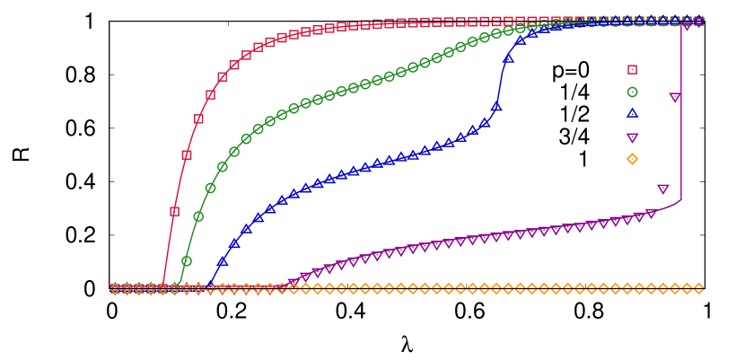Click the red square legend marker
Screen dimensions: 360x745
coord(632,69)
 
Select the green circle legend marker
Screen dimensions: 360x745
coord(632,92)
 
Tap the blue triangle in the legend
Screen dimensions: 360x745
coord(632,113)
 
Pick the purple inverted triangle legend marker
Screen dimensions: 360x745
coord(632,137)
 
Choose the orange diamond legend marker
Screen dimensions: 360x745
coord(632,159)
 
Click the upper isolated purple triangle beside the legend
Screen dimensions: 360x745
coord(675,97)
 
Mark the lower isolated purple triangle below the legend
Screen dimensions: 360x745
coord(662,189)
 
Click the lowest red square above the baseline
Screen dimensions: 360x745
coord(174,212)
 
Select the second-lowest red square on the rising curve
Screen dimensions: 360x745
coord(187,155)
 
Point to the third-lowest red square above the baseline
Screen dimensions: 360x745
coord(198,119)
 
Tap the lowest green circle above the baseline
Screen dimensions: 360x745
coord(187,261)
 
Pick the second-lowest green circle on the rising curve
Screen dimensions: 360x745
coord(198,216)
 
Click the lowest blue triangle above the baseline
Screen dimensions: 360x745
coord(223,262)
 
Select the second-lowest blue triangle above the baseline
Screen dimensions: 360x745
coord(234,243)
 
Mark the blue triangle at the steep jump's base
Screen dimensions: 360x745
coord(496,106)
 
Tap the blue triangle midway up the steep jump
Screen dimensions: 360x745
coord(508,57)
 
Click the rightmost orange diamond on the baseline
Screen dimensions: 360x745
coord(698,288)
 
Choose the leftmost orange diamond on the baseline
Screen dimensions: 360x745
coord(115,288)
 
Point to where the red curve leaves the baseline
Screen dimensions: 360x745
coord(163,285)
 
